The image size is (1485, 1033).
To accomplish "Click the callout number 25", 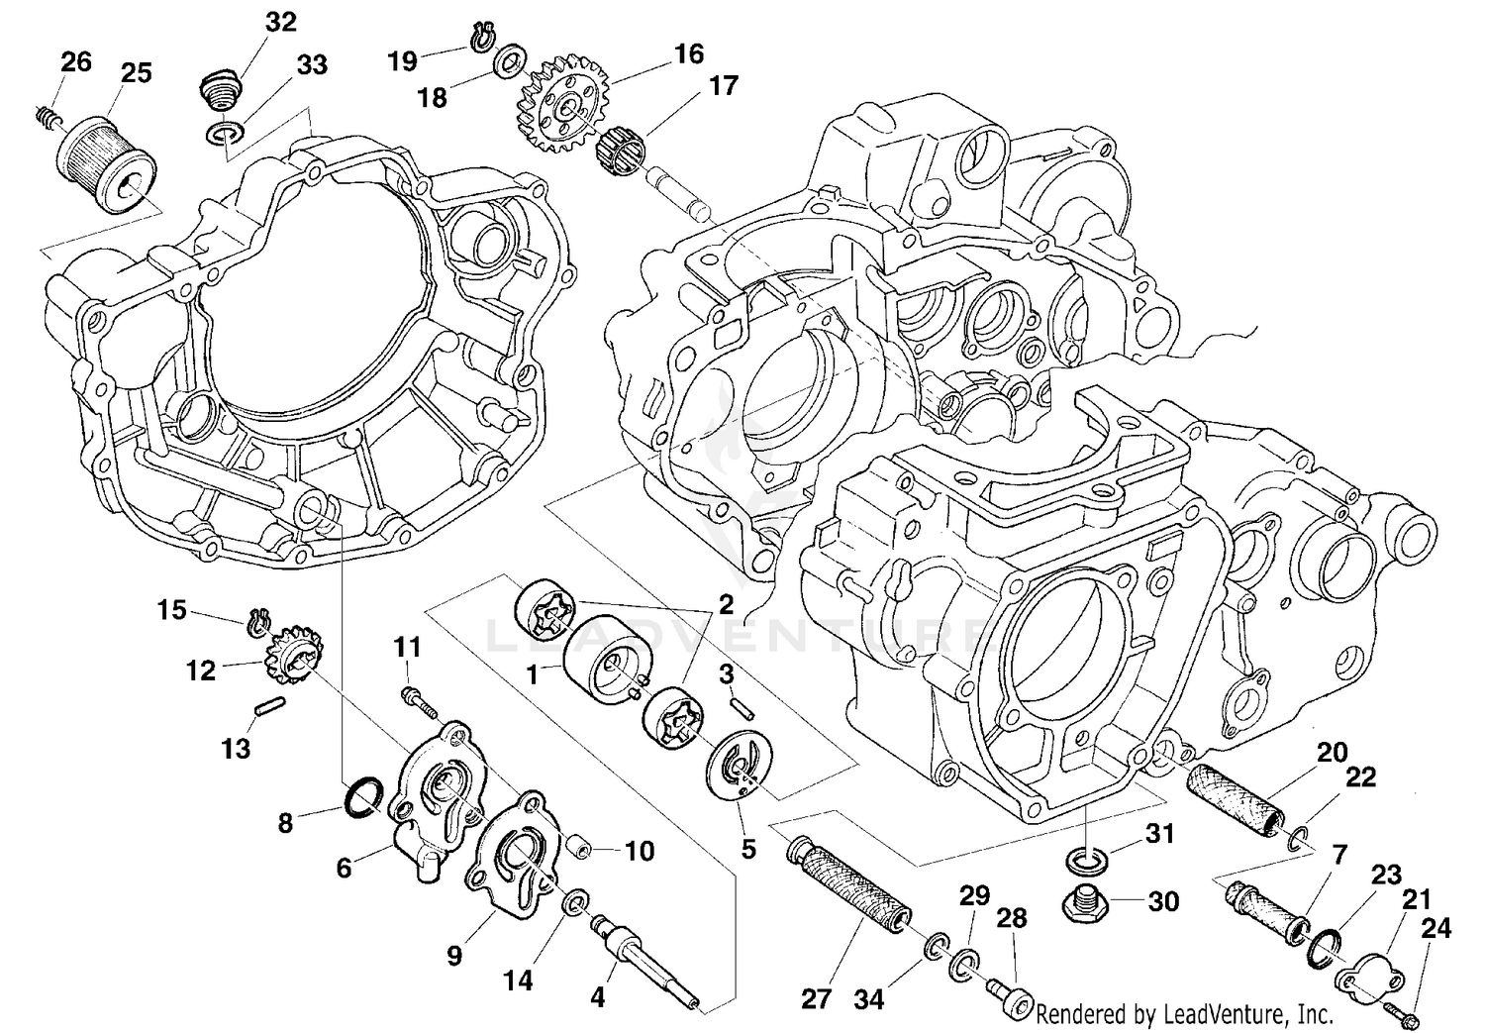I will click(x=137, y=73).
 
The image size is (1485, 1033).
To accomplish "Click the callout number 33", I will click(x=312, y=65).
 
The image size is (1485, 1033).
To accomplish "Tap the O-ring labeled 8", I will click(x=362, y=797).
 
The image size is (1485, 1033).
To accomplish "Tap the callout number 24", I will click(x=1435, y=928).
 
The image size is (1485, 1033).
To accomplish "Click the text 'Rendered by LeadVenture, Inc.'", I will click(x=1184, y=1015).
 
